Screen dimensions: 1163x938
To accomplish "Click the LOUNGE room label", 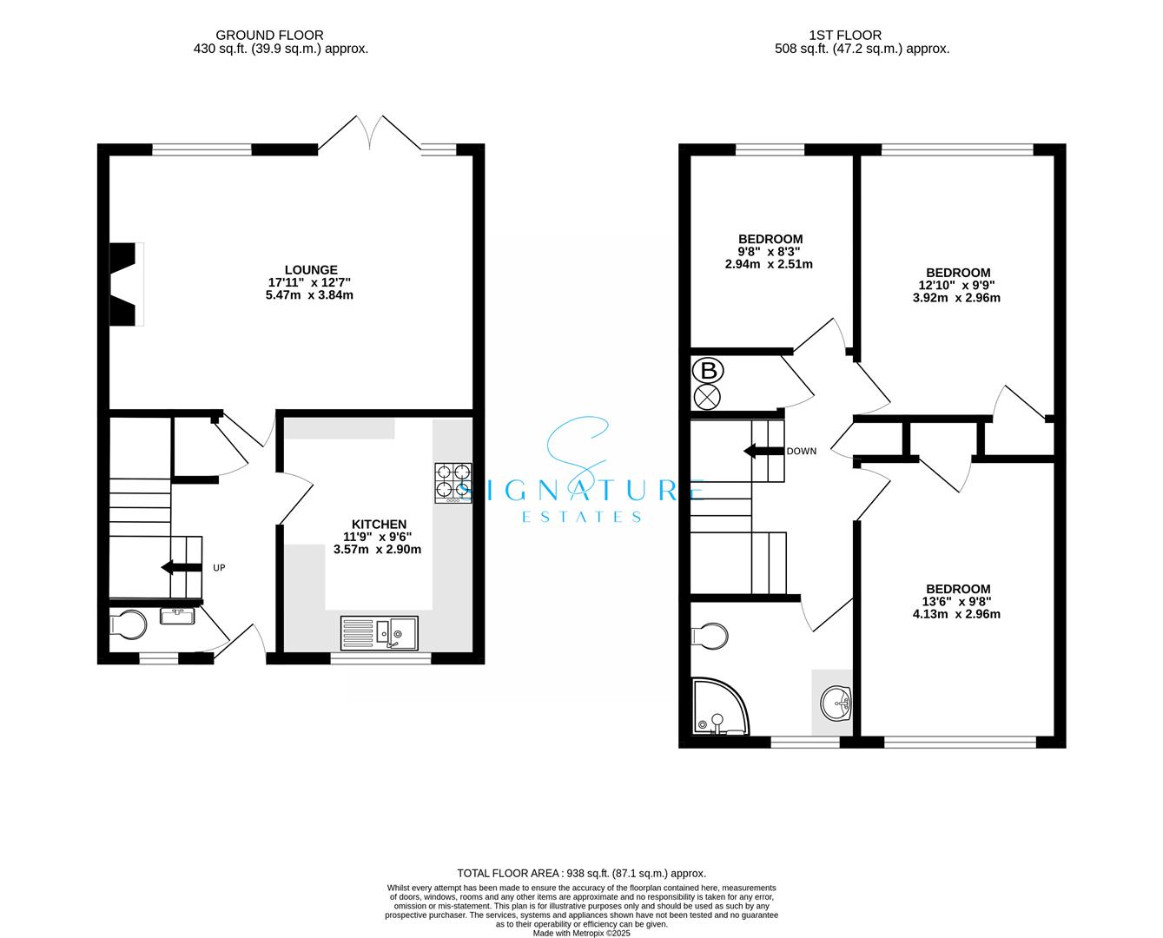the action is pos(311,269).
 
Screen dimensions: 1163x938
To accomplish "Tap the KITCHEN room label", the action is pos(379,524).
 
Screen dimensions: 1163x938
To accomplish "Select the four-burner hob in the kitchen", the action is pos(453,483).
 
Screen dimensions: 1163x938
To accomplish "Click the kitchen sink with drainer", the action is pos(379,633).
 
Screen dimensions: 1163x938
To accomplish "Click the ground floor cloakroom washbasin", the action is pos(177,617).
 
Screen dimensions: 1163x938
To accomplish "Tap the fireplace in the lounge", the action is pos(127,284).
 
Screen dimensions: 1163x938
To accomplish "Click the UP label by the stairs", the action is pos(219,568).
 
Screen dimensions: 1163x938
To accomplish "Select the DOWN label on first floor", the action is pos(802,451).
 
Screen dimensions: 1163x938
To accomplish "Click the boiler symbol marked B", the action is pos(708,371).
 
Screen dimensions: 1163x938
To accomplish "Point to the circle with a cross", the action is pos(707,399).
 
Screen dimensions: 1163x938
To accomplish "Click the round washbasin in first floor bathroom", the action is pos(836,703).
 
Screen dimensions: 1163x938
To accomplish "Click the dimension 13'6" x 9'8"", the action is pos(958,602).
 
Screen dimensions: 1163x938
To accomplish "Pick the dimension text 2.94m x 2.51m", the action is pos(769,264).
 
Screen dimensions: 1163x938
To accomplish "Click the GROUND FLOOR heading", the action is pos(269,35).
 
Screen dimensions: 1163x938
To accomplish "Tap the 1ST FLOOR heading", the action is pos(845,35).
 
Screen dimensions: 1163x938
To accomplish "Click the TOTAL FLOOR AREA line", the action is pos(582,873).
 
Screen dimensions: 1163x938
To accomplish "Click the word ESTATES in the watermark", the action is pos(582,517).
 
